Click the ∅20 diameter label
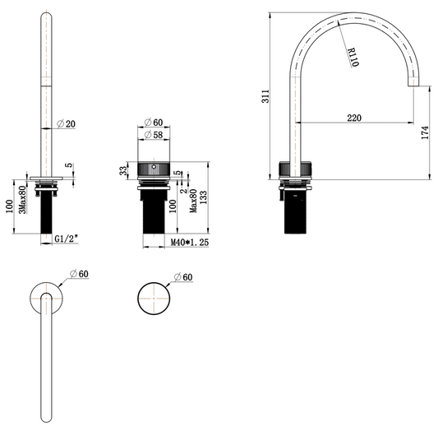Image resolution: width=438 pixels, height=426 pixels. (67, 124)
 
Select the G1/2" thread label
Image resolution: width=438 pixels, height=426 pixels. (66, 238)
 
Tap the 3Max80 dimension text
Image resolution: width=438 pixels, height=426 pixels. (22, 200)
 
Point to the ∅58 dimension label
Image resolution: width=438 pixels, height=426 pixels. (154, 134)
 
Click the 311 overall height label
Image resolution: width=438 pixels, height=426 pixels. (263, 97)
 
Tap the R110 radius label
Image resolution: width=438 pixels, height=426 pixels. (351, 58)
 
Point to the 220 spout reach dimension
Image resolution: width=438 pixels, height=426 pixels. (353, 118)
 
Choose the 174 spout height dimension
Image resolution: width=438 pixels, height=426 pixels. (424, 132)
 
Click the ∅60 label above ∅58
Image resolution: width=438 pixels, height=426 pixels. (154, 123)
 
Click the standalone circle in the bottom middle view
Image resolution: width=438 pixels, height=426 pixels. (154, 299)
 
